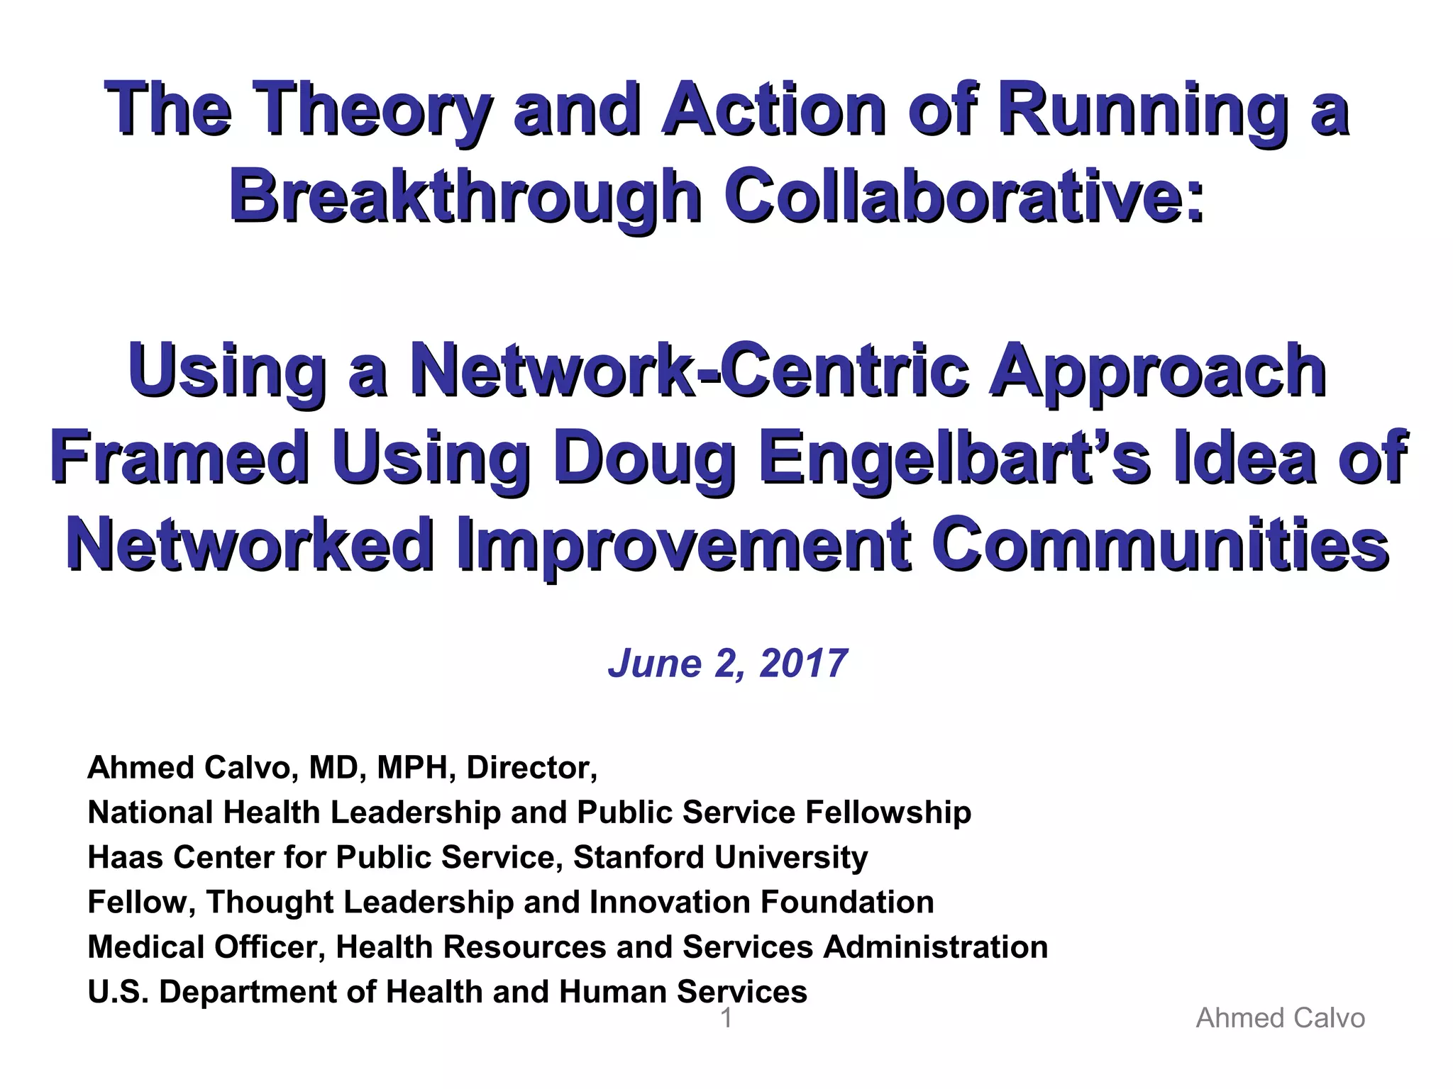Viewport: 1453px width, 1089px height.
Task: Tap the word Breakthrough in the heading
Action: (465, 196)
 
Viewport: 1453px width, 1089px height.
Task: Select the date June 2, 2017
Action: (727, 664)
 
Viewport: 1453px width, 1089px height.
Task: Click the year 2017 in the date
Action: (803, 664)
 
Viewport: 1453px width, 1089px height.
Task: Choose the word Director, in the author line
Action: (531, 768)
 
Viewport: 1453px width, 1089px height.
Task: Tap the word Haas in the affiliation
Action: (125, 857)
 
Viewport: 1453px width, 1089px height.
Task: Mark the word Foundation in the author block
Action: (847, 903)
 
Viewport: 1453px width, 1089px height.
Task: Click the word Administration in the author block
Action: (935, 947)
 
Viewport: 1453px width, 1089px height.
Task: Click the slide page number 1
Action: (726, 1019)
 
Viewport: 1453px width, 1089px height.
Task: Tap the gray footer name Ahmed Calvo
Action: (1280, 1019)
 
